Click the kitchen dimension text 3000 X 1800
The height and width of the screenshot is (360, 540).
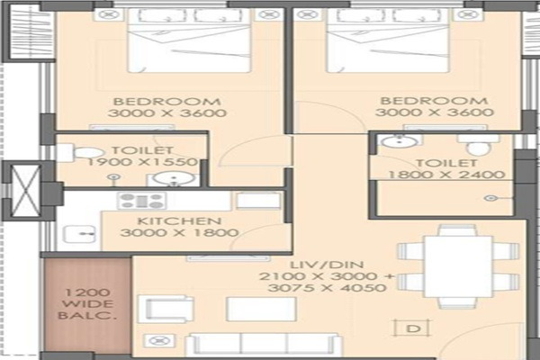pyautogui.click(x=179, y=232)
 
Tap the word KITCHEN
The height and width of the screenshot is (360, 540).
pyautogui.click(x=179, y=220)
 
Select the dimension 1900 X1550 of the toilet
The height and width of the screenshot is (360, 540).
pyautogui.click(x=142, y=162)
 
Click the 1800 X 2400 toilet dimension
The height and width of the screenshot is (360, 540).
pyautogui.click(x=446, y=175)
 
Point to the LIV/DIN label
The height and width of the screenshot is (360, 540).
pyautogui.click(x=327, y=265)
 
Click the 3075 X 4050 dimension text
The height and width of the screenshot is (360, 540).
pyautogui.click(x=327, y=288)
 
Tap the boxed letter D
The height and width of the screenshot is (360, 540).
pyautogui.click(x=413, y=328)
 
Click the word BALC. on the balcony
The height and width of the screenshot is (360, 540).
pyautogui.click(x=86, y=315)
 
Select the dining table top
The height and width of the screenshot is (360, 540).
pyautogui.click(x=458, y=266)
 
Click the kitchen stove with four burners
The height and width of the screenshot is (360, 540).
pyautogui.click(x=141, y=201)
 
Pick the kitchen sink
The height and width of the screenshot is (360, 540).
pyautogui.click(x=79, y=234)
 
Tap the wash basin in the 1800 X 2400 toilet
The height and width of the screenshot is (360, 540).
pyautogui.click(x=399, y=140)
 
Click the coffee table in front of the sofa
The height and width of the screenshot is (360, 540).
pyautogui.click(x=261, y=309)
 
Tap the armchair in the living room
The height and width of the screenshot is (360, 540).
pyautogui.click(x=166, y=309)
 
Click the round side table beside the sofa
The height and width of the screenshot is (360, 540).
pyautogui.click(x=159, y=341)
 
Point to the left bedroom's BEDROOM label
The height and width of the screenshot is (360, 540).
pyautogui.click(x=167, y=102)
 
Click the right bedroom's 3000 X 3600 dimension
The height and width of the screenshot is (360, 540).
pyautogui.click(x=435, y=112)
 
